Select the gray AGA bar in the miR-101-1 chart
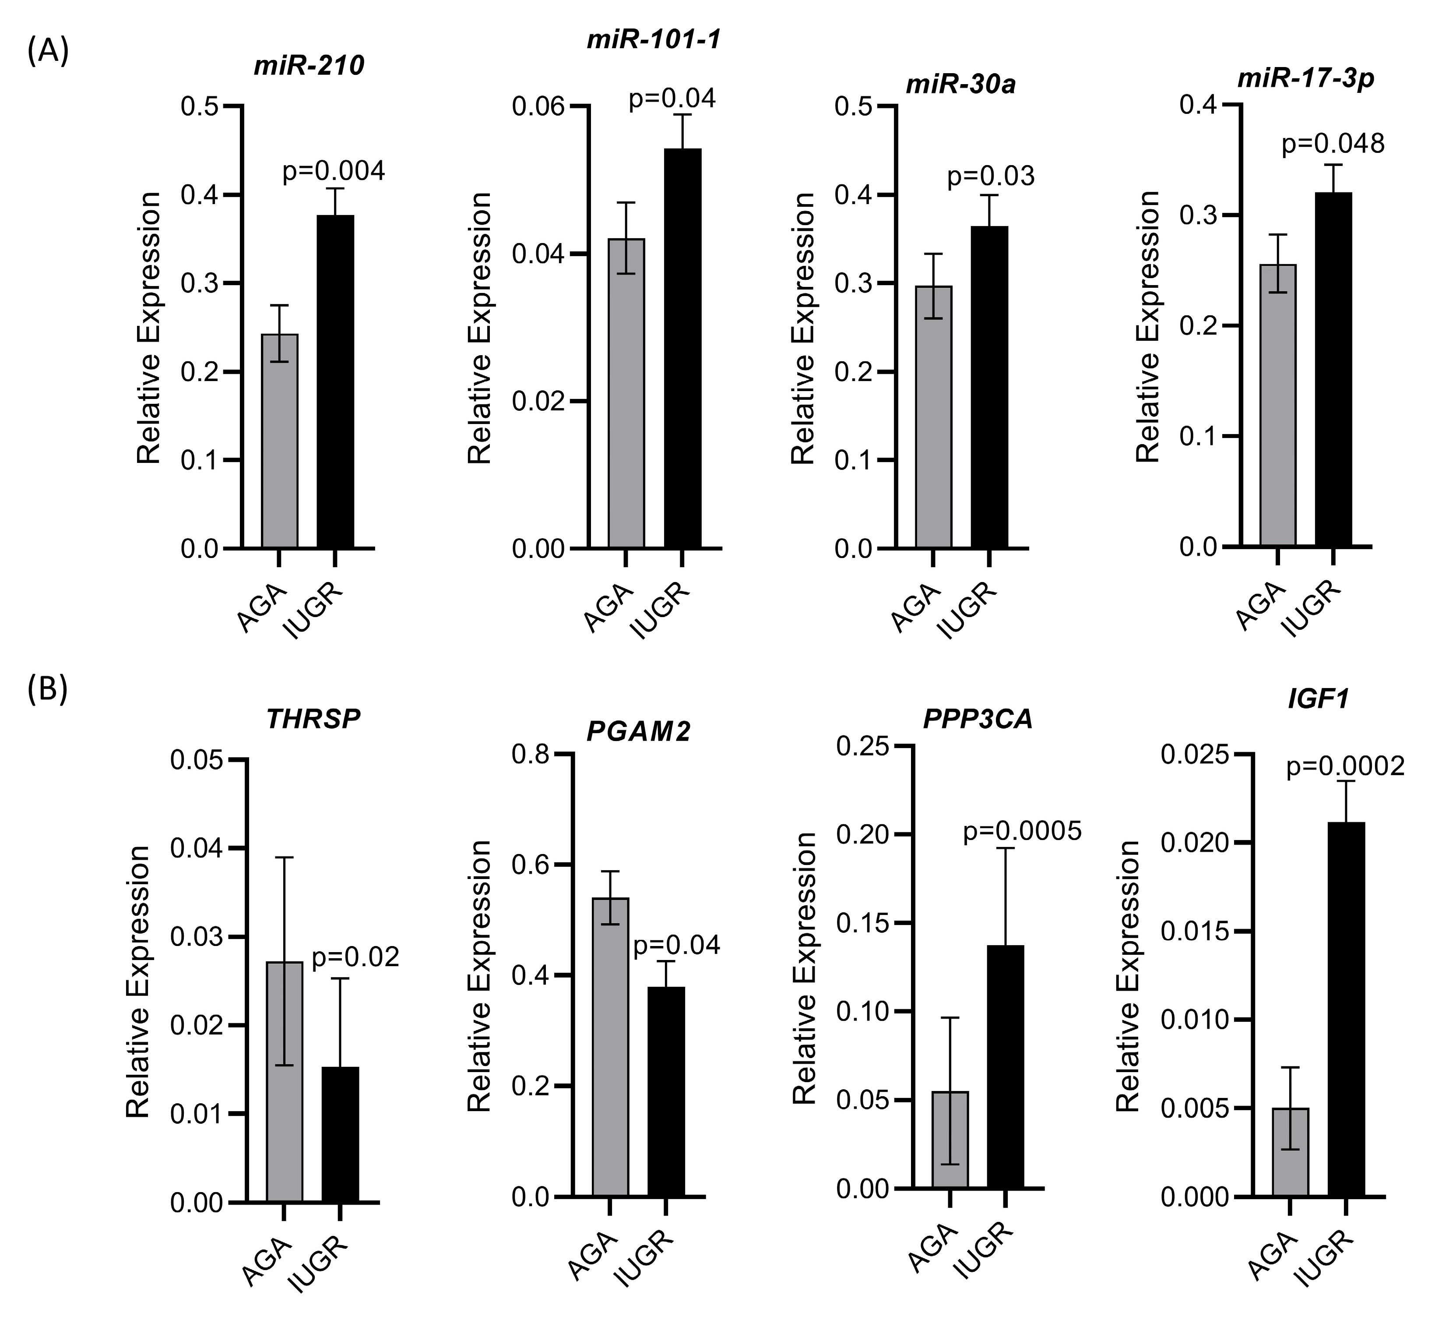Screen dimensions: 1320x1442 (x=626, y=393)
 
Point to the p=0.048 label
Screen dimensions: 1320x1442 (x=1333, y=144)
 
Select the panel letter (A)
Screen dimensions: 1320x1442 (x=48, y=52)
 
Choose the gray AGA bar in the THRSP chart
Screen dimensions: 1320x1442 (x=284, y=1081)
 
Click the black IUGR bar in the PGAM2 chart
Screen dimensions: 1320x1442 (x=666, y=1091)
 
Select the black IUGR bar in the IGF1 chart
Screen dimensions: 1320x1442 (x=1346, y=1009)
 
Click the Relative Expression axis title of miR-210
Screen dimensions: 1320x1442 (x=149, y=328)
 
